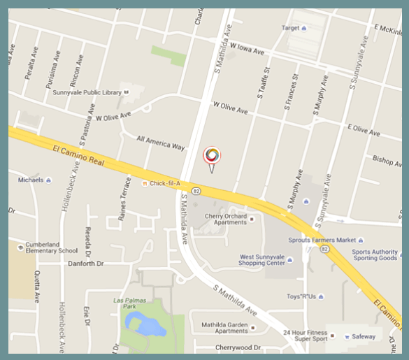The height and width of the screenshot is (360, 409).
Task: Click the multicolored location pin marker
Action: click(212, 157)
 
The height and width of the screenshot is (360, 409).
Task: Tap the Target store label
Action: click(290, 28)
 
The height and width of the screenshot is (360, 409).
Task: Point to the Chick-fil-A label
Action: click(164, 184)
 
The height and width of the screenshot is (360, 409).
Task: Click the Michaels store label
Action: click(31, 180)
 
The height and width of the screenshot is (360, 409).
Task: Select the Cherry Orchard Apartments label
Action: click(222, 219)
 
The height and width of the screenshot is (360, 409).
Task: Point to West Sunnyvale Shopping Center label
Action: click(263, 261)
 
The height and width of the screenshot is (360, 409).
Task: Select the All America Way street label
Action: click(160, 143)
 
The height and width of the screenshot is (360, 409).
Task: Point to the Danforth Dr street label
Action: click(86, 264)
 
